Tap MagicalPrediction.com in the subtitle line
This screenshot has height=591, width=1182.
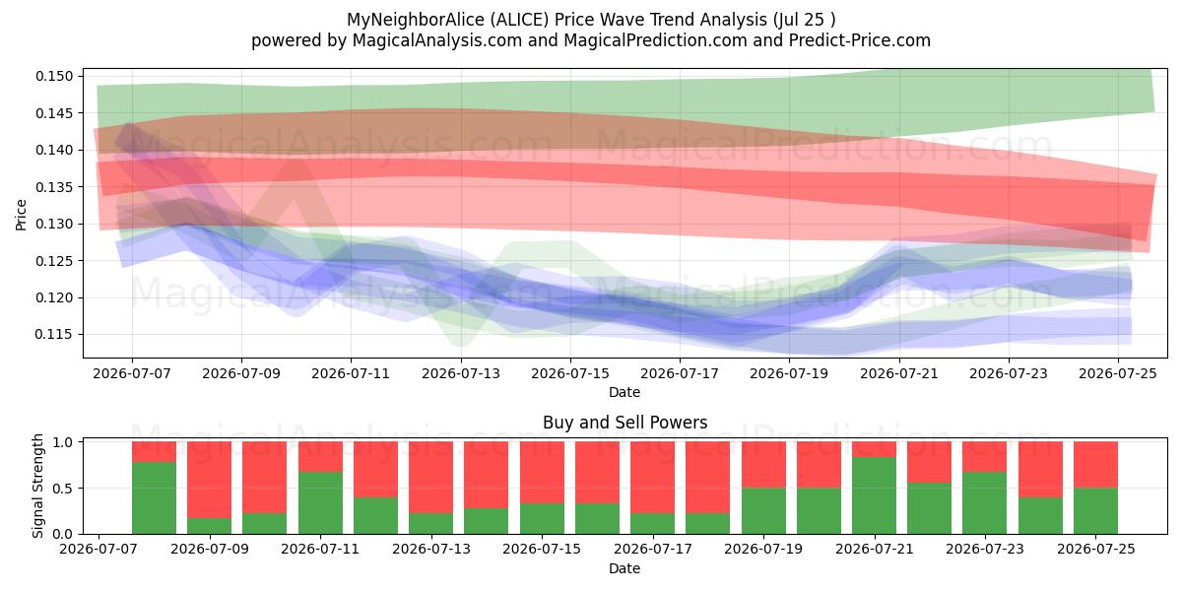point(655,40)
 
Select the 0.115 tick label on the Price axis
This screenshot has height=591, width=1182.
point(53,335)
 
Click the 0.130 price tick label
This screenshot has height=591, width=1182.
point(53,224)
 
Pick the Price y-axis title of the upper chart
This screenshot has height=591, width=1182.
point(21,215)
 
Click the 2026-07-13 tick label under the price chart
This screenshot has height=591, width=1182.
point(461,374)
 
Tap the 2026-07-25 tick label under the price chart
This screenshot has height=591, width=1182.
point(1118,374)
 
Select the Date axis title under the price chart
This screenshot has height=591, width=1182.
point(624,393)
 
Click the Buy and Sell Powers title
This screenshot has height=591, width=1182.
point(624,423)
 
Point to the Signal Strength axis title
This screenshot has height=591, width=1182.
point(37,486)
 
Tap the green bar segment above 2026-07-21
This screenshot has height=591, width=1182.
point(874,495)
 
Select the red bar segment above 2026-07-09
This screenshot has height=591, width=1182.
point(210,480)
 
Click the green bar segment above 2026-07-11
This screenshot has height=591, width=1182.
point(320,503)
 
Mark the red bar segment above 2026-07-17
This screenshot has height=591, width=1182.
point(653,478)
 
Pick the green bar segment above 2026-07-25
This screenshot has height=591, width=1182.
point(1096,511)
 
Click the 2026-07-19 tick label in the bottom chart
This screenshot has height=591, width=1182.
point(763,550)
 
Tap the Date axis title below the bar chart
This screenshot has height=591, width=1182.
point(624,569)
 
